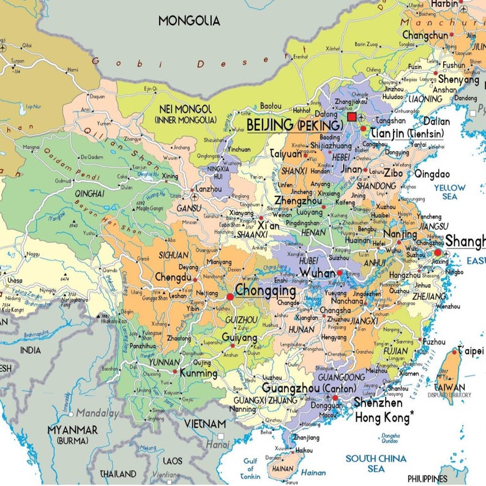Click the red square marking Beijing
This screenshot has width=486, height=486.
click(x=352, y=117)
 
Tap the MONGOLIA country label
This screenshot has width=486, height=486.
click(x=189, y=21)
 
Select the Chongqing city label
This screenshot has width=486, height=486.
click(x=266, y=290)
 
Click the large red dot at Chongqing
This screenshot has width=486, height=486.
click(x=230, y=297)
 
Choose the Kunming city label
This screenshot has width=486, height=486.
click(x=199, y=373)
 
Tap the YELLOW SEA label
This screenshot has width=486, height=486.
click(x=450, y=192)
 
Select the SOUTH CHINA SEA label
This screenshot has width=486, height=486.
click(x=376, y=463)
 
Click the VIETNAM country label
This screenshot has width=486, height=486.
click(x=205, y=424)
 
